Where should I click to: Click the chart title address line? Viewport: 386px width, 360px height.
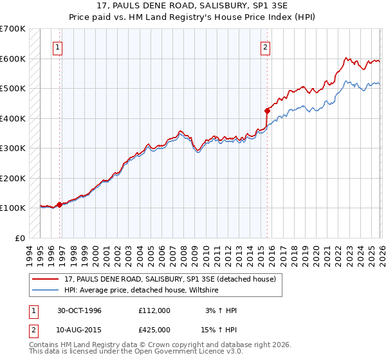coord(193,6)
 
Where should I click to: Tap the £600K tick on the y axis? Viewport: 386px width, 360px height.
coord(12,59)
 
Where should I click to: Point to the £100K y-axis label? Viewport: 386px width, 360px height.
coord(12,208)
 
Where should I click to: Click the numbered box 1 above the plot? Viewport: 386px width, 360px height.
coord(58,46)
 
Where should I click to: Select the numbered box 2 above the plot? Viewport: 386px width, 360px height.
coord(265,46)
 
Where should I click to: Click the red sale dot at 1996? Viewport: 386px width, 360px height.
coord(60,204)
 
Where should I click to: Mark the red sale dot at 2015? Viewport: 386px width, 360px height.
coord(267,111)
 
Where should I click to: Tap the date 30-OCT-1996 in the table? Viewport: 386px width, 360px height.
coord(80,310)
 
